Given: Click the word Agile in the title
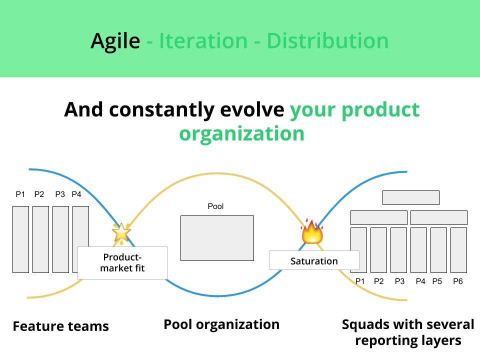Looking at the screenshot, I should click(115, 40).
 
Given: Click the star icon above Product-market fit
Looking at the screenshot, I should click(120, 232).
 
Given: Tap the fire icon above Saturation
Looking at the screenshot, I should click(312, 231).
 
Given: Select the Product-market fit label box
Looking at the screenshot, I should click(122, 262).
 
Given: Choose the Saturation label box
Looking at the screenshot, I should click(314, 260).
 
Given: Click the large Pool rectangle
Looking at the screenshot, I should click(217, 238).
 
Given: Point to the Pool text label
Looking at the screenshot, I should click(215, 206).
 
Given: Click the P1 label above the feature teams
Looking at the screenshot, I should click(20, 194).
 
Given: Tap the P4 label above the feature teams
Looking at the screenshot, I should click(76, 194).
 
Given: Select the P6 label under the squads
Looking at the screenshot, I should click(458, 281).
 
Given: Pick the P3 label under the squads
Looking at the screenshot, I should click(399, 281).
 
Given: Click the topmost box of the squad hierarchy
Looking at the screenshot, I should click(410, 197).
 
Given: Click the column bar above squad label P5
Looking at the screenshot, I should click(438, 250).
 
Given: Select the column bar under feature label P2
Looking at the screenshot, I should click(40, 239).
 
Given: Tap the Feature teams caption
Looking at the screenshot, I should click(60, 326).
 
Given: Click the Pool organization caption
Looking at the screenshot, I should click(221, 324).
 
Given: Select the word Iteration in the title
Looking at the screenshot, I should click(203, 40).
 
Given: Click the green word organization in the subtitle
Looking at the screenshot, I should click(241, 134).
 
